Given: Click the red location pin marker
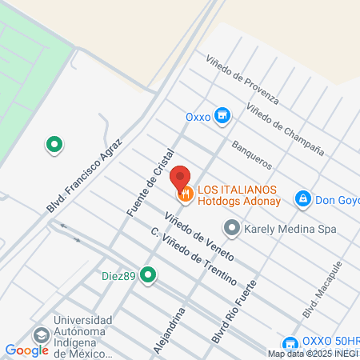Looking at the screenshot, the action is [x=181, y=177].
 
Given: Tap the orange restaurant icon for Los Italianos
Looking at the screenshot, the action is [x=186, y=193].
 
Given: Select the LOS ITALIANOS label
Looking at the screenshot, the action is [x=237, y=189].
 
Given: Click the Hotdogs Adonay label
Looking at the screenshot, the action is [x=237, y=202].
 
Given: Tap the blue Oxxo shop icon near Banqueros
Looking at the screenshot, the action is [x=223, y=116].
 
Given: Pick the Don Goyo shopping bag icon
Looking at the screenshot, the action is [x=303, y=198].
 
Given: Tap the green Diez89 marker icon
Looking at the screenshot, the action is [x=147, y=274].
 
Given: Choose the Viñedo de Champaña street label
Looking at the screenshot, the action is [x=285, y=129].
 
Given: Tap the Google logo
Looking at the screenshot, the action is [x=27, y=350].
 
